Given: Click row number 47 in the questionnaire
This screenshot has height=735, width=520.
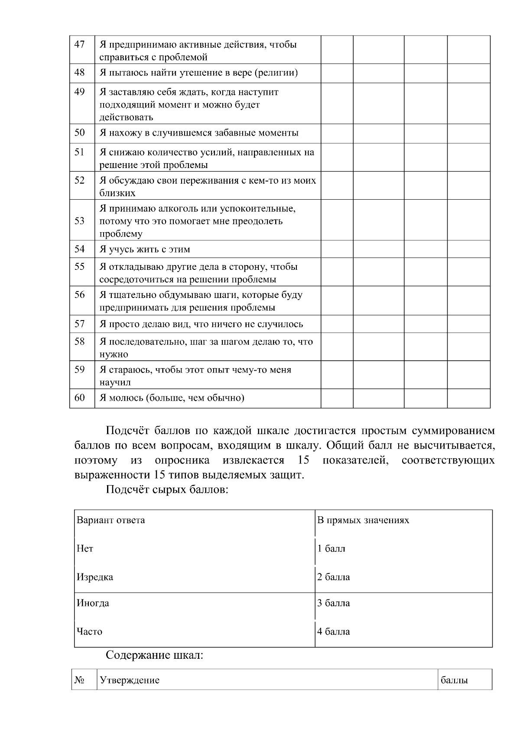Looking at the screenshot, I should [80, 44].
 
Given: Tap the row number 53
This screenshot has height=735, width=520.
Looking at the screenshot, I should [80, 221].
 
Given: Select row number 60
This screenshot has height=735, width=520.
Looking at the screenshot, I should [80, 398].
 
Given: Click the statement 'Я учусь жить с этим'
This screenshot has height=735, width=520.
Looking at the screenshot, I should [145, 249].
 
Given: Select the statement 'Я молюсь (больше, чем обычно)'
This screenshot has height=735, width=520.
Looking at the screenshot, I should [172, 398].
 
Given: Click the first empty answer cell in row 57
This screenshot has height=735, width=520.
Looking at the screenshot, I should [337, 324].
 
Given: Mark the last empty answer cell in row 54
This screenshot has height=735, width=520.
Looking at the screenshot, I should [468, 249].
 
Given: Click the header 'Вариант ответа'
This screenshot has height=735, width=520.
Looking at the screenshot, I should [110, 520].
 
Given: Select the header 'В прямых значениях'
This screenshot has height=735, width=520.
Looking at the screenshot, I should [363, 520].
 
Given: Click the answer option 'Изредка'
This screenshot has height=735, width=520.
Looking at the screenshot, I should [95, 577].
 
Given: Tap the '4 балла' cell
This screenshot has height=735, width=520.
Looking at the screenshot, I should [333, 631].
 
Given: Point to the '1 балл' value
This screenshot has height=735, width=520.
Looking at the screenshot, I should [331, 549].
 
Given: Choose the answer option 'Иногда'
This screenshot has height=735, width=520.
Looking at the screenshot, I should [93, 603].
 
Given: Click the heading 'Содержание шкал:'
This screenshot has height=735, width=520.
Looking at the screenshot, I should [154, 655].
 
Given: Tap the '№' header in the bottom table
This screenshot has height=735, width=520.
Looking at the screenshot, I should [79, 680].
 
